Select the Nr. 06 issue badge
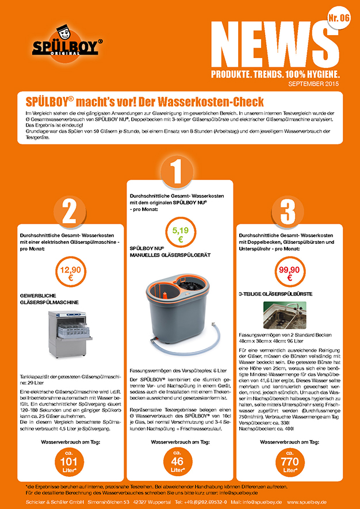click(x=339, y=18)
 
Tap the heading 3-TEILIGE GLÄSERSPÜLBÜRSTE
click(x=275, y=294)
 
